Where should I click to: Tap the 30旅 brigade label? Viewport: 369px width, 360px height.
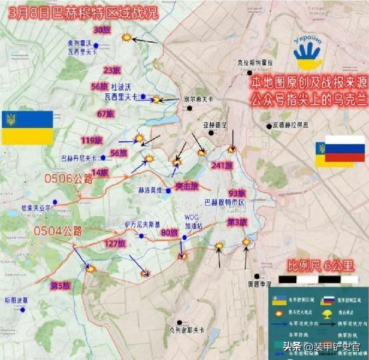(102, 30)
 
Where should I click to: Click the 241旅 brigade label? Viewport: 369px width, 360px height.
(220, 165)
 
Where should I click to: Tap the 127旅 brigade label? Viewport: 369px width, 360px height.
(115, 243)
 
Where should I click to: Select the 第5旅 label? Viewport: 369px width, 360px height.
(60, 285)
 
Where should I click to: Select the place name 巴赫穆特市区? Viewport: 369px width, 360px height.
(224, 201)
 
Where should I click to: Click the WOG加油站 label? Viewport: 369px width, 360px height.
(192, 221)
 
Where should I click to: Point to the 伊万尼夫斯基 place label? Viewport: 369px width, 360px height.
(143, 223)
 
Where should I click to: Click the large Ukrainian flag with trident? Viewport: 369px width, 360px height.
(27, 127)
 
